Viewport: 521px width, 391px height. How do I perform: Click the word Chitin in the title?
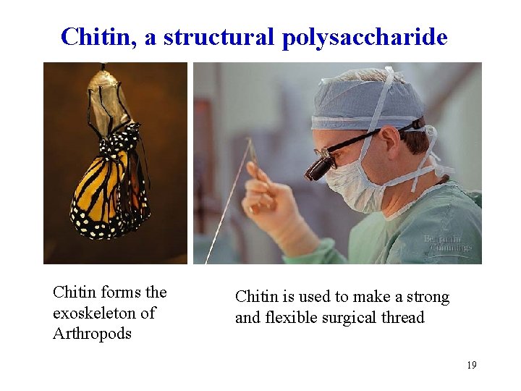point(98,36)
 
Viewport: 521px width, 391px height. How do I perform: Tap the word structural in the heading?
point(219,36)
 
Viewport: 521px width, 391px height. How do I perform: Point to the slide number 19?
point(471,365)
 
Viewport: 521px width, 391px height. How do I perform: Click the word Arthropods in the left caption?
point(92,334)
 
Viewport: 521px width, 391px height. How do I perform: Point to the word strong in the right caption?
point(426,297)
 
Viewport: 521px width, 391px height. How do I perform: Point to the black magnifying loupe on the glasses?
point(319,167)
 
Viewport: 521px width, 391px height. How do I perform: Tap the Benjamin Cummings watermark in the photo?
point(447,243)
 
